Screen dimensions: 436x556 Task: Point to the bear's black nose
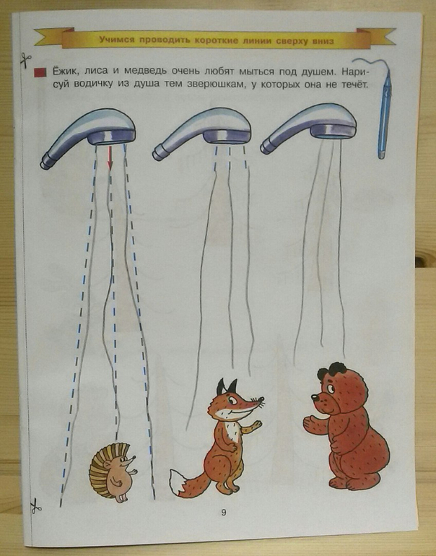(x=314, y=397)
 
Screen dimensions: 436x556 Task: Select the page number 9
(x=223, y=513)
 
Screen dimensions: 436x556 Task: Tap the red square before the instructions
(x=40, y=73)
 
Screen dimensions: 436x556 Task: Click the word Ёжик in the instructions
(x=65, y=71)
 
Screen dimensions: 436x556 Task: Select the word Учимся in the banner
(x=117, y=40)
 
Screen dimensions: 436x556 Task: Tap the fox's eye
(x=233, y=401)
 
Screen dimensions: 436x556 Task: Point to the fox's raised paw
(x=256, y=425)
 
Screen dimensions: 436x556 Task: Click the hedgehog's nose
(x=134, y=457)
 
